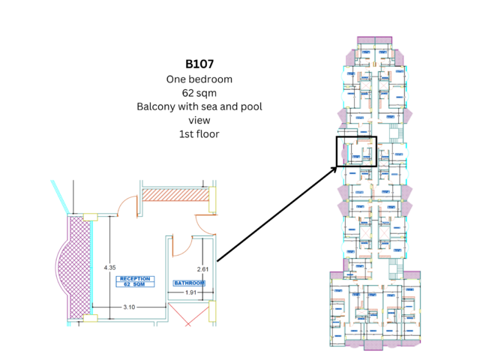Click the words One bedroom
(199, 79)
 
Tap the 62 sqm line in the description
(199, 93)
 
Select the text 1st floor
(199, 134)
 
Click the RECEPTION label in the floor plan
(134, 279)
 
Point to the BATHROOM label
(189, 283)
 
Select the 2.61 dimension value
(202, 268)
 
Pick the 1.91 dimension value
(190, 292)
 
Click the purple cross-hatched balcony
(77, 267)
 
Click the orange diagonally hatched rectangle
(175, 194)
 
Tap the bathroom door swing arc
(180, 246)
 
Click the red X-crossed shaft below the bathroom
(187, 314)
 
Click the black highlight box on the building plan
(355, 150)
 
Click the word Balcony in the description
(156, 106)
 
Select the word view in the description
(199, 120)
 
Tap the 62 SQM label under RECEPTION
(134, 285)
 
